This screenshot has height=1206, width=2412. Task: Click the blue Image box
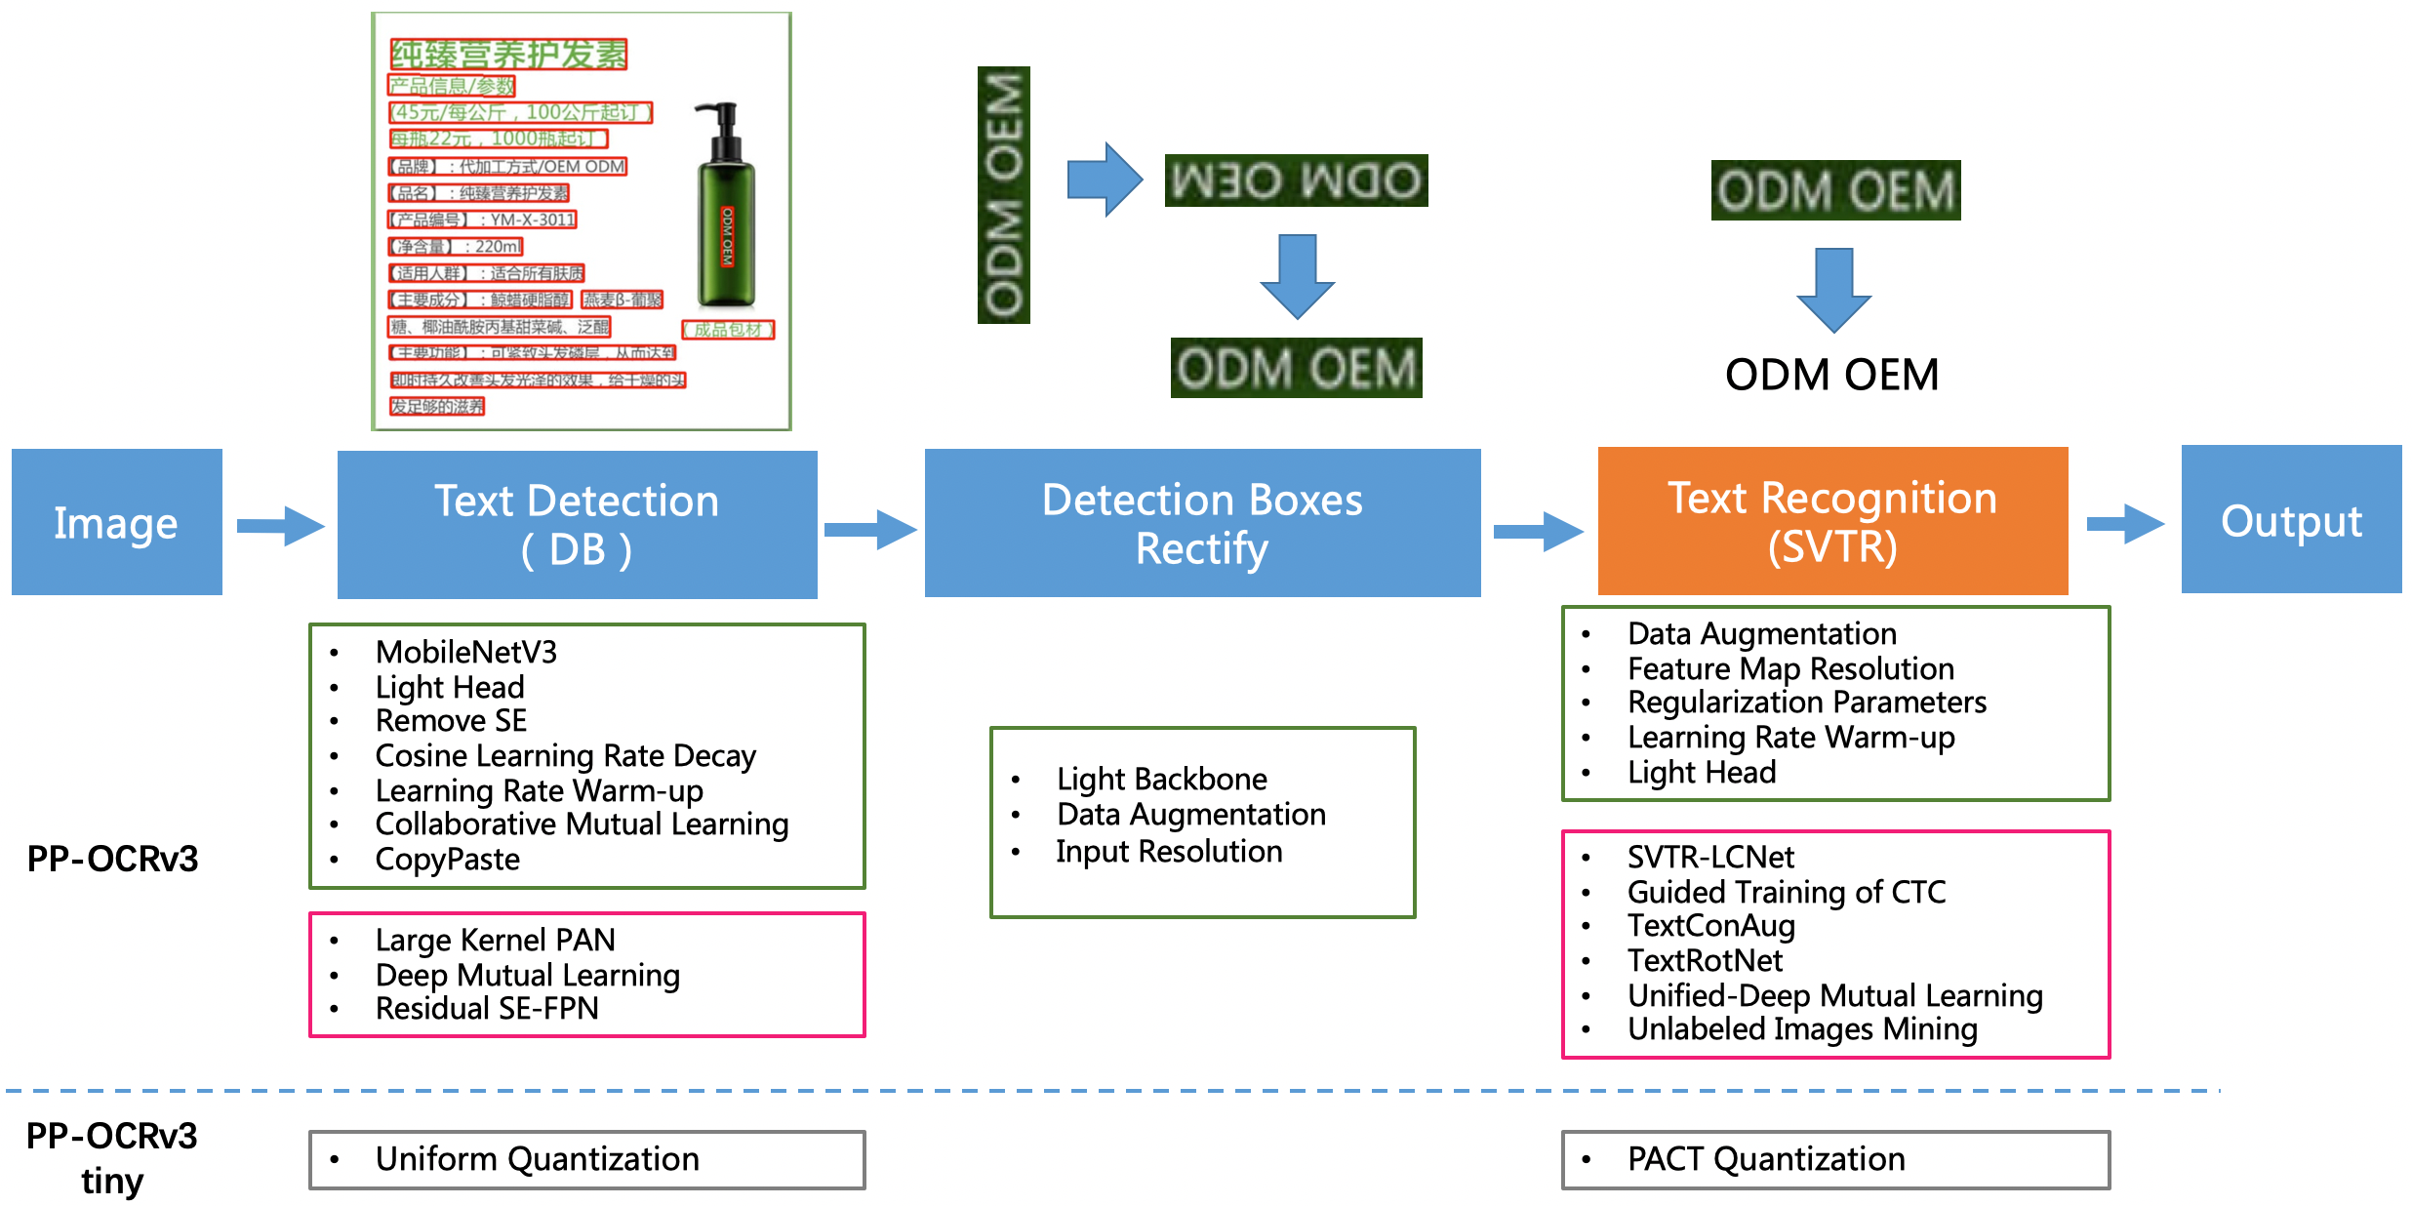(117, 522)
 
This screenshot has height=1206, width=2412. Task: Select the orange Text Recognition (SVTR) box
(1832, 522)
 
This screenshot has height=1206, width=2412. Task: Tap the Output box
(2291, 520)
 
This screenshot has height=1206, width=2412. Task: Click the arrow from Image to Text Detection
(280, 526)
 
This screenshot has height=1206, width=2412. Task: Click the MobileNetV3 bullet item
(465, 652)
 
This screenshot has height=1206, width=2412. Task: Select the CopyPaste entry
(447, 860)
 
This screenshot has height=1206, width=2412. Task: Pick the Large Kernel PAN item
(495, 940)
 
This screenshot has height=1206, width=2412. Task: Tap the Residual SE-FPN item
(487, 1009)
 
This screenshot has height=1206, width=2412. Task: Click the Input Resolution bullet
(1169, 852)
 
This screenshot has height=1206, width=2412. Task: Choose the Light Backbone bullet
(1161, 779)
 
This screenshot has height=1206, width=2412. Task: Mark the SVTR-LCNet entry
(1710, 857)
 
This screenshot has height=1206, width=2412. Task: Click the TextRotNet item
(1705, 961)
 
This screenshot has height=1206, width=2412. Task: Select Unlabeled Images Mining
(1802, 1029)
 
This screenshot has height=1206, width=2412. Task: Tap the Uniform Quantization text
(537, 1159)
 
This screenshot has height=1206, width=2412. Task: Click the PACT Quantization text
(1766, 1159)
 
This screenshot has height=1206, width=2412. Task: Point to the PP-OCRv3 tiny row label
(112, 1158)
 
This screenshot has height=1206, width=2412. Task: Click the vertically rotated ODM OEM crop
(1003, 195)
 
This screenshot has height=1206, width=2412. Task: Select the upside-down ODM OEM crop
(1296, 181)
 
